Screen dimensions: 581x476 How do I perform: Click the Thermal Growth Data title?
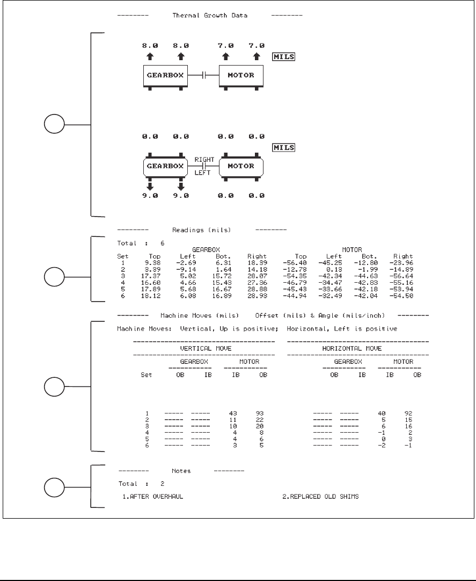[210, 16]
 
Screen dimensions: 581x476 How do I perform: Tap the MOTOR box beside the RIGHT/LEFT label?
[241, 166]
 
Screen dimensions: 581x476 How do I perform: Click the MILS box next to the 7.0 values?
[284, 56]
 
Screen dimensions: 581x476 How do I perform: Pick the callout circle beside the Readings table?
[54, 278]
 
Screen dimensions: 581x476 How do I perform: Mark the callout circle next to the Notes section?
[54, 487]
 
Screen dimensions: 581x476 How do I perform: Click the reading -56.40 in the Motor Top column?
[297, 263]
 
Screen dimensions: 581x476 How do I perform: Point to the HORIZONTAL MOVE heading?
[358, 348]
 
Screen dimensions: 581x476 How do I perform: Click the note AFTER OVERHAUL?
[157, 496]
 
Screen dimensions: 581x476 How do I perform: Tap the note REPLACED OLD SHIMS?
[320, 496]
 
